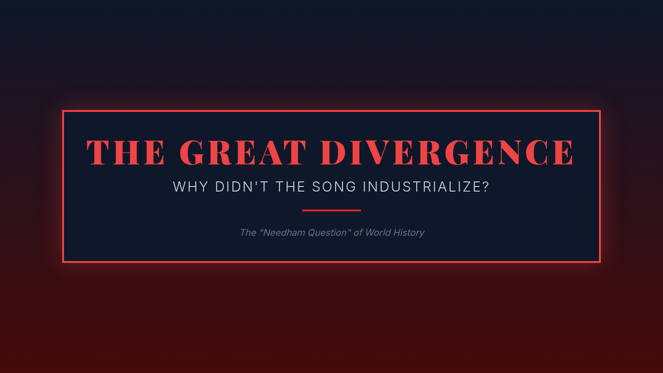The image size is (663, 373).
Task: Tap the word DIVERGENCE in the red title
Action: [447, 152]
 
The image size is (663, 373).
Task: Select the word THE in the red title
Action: [125, 152]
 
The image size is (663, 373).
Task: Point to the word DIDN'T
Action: [242, 187]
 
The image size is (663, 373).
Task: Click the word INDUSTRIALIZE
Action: [422, 187]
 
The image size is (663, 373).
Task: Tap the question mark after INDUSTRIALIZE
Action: [486, 187]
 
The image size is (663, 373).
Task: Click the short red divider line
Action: [331, 211]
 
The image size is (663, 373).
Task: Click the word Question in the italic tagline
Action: [327, 233]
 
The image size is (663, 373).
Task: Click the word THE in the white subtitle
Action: [291, 187]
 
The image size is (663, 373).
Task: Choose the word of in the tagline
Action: [358, 233]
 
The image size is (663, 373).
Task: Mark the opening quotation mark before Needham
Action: [261, 230]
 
